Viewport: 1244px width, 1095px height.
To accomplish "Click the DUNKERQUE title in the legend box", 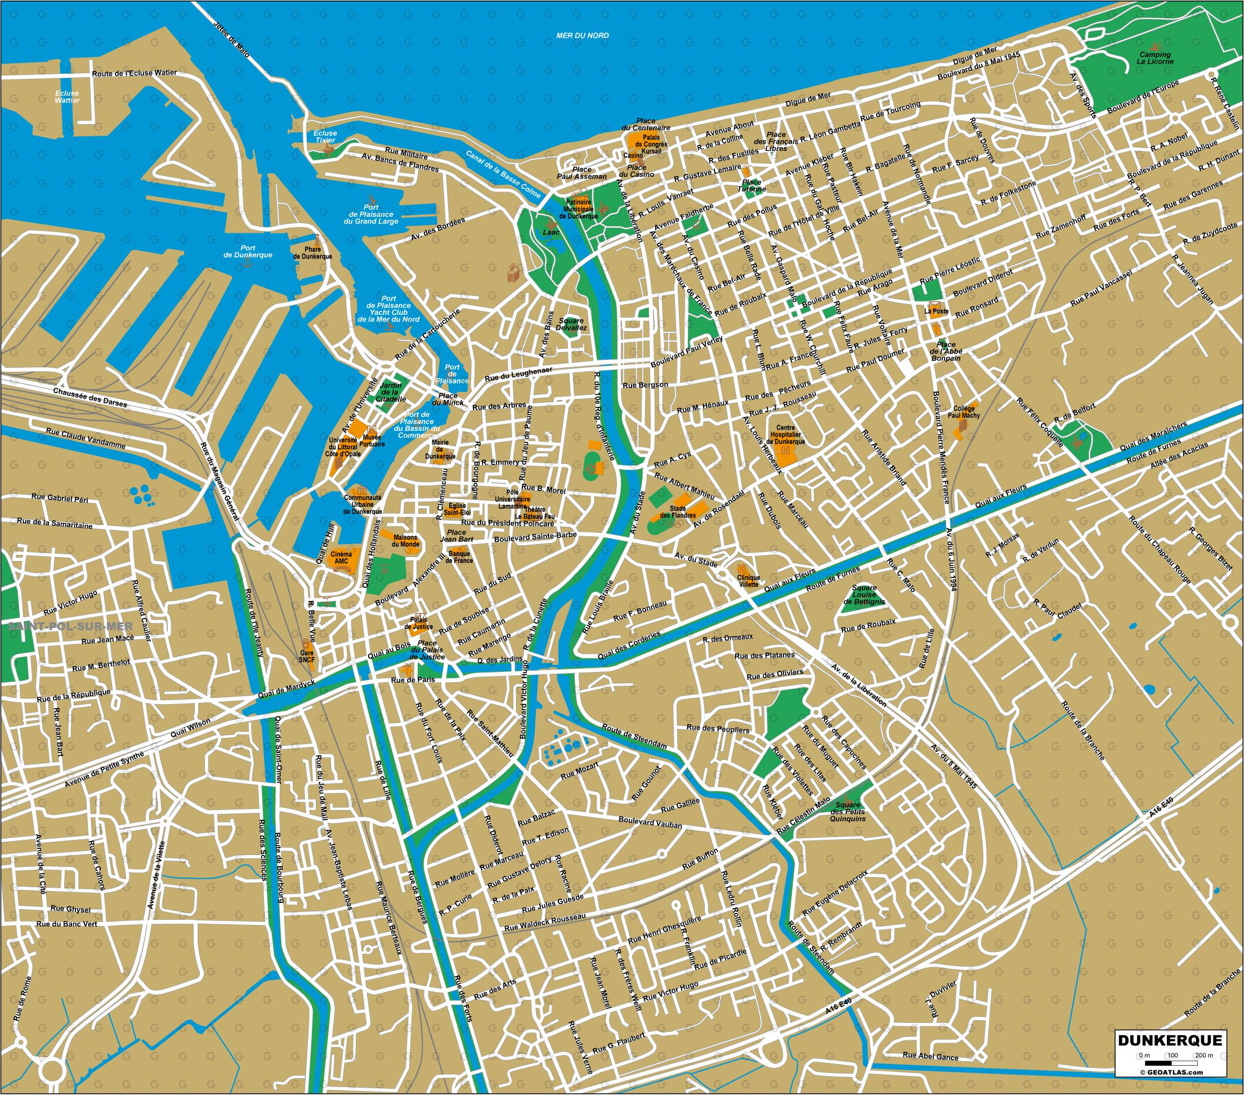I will tap(1169, 1040).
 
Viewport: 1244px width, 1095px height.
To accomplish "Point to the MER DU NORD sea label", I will tap(583, 35).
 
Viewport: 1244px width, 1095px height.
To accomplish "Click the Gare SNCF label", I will tap(307, 656).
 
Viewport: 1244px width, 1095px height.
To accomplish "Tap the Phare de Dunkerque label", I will tap(312, 253).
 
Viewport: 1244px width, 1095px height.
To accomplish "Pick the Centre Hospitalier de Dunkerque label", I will tap(785, 435).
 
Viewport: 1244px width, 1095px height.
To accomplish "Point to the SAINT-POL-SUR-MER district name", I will tap(70, 626).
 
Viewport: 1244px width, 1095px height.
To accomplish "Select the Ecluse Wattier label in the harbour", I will tap(67, 97).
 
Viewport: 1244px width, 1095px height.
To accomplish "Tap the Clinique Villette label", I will tap(748, 581).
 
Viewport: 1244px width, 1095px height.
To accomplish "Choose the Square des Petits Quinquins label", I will tap(847, 812).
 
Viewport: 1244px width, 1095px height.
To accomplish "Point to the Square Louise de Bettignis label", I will tap(863, 595).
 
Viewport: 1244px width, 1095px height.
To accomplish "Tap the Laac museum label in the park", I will tap(550, 232).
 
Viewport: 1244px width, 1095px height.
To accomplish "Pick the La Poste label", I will tap(936, 310).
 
